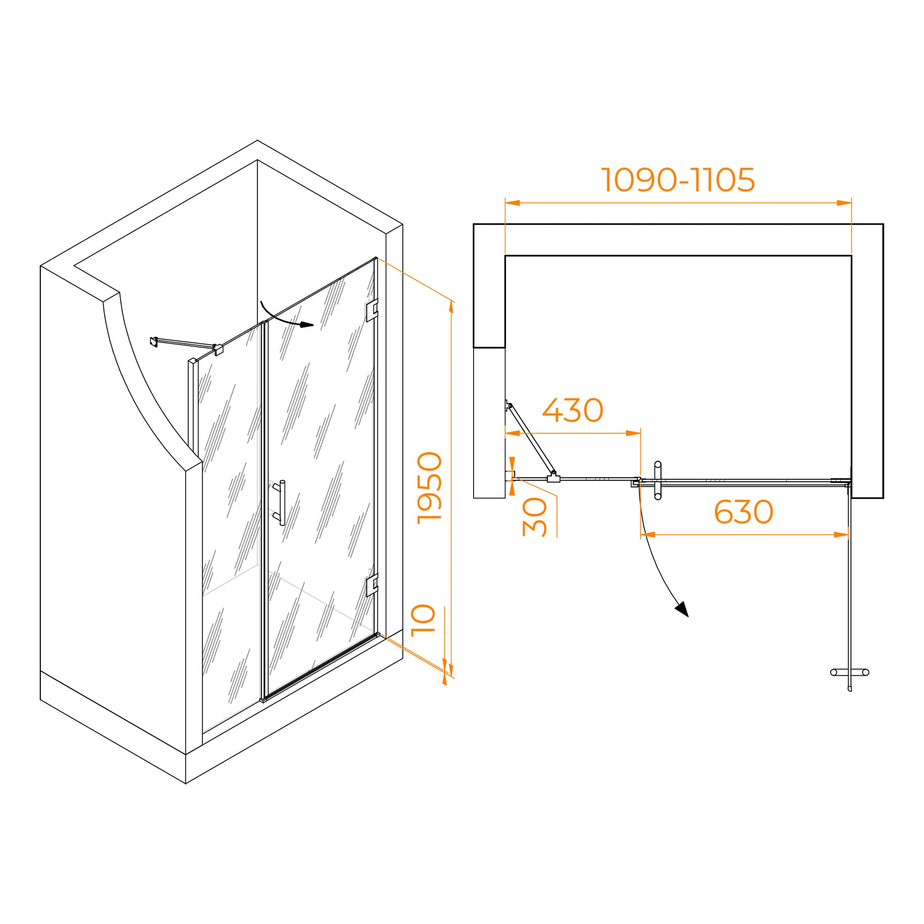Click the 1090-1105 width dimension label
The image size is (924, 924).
(678, 180)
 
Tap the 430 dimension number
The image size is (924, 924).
(572, 410)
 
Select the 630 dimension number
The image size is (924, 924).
(743, 512)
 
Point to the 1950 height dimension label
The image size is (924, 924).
(430, 488)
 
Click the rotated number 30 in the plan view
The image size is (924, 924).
(534, 517)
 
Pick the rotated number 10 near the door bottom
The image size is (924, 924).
(423, 620)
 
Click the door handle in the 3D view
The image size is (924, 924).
(280, 503)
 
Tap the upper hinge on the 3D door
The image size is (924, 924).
(371, 310)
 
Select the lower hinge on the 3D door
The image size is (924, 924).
(371, 585)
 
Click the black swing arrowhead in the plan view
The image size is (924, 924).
(682, 609)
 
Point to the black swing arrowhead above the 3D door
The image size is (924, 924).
(307, 325)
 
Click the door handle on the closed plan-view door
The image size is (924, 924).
(657, 480)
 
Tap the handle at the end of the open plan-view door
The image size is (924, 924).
(850, 672)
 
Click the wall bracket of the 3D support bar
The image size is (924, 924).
(153, 341)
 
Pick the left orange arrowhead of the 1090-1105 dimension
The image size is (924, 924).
(512, 203)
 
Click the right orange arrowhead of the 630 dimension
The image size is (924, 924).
(841, 535)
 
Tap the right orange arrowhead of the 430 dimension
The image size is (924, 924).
(633, 433)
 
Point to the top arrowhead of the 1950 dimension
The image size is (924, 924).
(451, 307)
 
